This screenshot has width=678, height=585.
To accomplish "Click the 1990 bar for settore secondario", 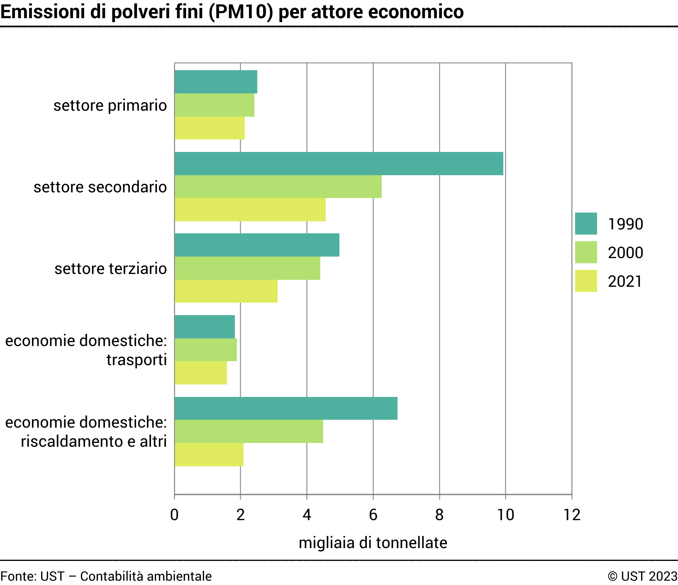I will [x=339, y=164].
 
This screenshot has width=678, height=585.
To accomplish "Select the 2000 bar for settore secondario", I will [x=278, y=187].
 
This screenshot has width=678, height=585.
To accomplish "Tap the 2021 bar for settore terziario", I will [x=226, y=291].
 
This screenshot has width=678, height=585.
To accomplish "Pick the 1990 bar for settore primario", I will [x=216, y=82].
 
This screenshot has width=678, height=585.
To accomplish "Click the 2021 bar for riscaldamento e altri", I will [x=209, y=455].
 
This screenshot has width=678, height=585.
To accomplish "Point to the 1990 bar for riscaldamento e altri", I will [x=286, y=408].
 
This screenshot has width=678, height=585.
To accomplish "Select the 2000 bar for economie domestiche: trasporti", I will [x=206, y=350].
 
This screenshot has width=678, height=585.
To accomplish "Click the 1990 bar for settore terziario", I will [x=257, y=245].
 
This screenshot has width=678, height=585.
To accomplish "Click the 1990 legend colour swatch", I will [x=586, y=224].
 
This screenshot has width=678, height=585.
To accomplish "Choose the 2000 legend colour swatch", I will [x=586, y=252].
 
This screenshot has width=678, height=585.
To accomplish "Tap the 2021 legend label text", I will [x=625, y=281].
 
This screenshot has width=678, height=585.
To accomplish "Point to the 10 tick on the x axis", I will [x=506, y=515].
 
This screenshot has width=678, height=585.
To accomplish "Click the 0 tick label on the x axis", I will [x=174, y=515].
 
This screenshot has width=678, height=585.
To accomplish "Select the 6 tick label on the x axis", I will [x=373, y=515].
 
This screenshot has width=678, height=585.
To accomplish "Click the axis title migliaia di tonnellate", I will [x=373, y=543].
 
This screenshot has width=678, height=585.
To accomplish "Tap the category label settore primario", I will [x=110, y=105].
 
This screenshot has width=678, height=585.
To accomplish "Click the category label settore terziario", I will [x=111, y=269].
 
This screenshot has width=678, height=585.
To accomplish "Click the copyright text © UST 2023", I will [x=642, y=576].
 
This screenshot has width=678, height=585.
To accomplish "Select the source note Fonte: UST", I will [x=33, y=576].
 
